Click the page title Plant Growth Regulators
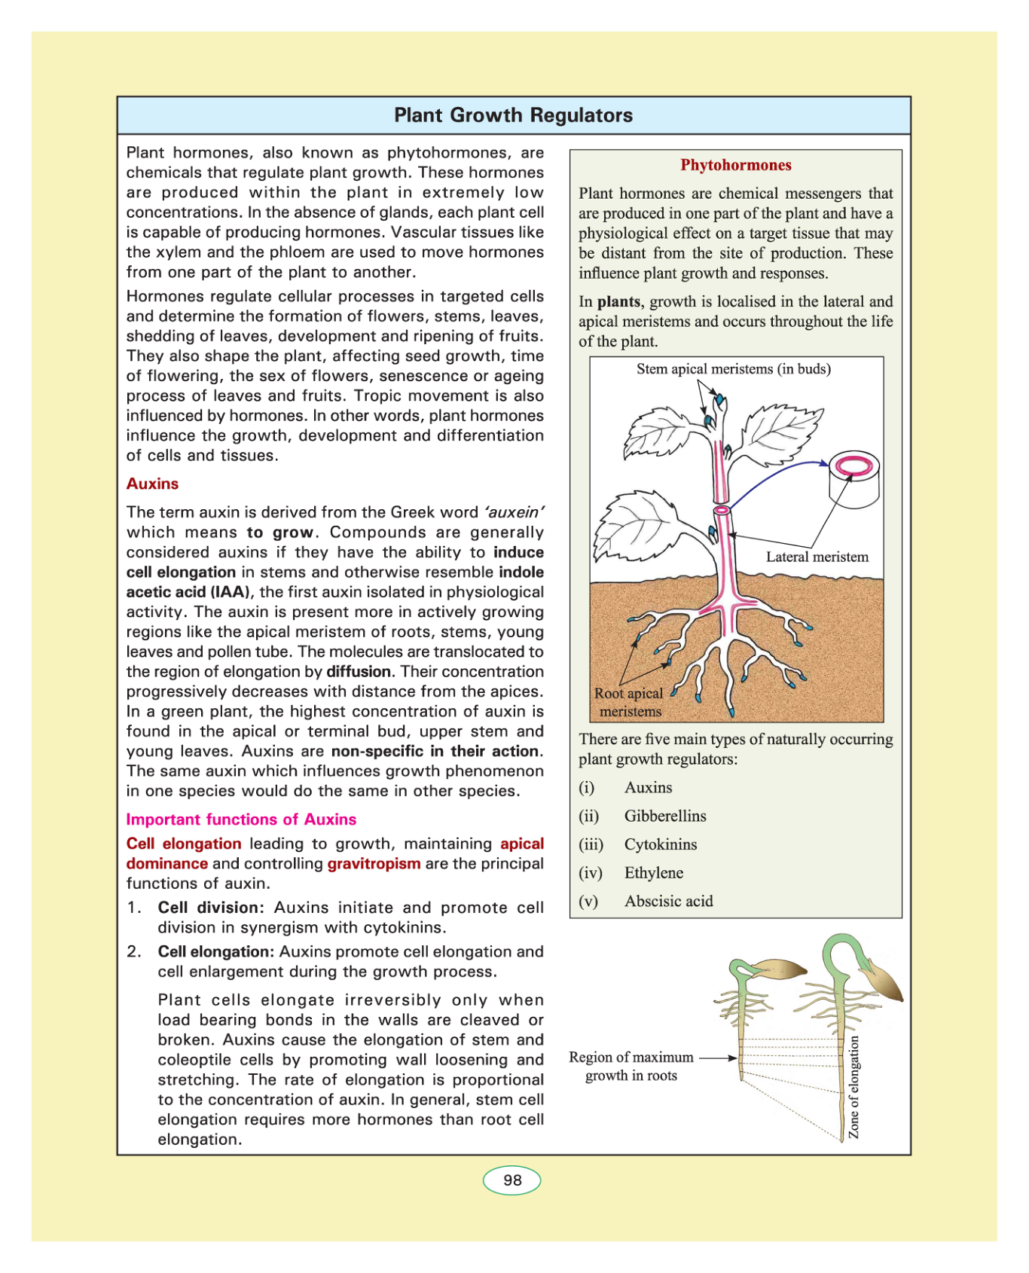click(513, 115)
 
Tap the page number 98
click(512, 1180)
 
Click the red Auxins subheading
click(152, 484)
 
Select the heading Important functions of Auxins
click(241, 820)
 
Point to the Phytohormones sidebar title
click(735, 165)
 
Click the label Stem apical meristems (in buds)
click(733, 369)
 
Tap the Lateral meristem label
click(817, 557)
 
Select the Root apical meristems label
click(629, 702)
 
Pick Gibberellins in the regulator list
click(665, 816)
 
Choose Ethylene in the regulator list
click(653, 873)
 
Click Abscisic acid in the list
click(668, 902)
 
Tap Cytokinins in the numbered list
click(660, 844)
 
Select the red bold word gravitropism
click(374, 864)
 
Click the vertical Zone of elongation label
click(853, 1086)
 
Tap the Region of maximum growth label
click(631, 1067)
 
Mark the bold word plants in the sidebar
click(618, 302)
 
